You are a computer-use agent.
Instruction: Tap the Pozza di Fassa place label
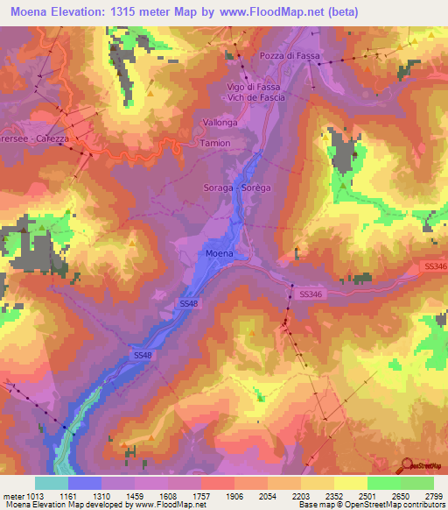tap(291, 56)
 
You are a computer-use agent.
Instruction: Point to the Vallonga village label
tap(219, 124)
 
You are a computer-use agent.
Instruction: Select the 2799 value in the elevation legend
tap(434, 494)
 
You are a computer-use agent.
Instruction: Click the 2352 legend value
tap(335, 494)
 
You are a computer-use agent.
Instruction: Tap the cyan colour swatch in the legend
tap(51, 483)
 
